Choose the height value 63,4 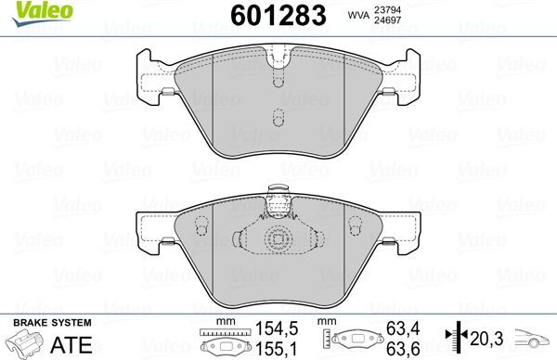coord(401,328)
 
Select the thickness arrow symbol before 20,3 coord(455,337)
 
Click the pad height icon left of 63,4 coord(350,341)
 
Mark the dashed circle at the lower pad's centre coord(275,239)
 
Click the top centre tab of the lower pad coord(276,196)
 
